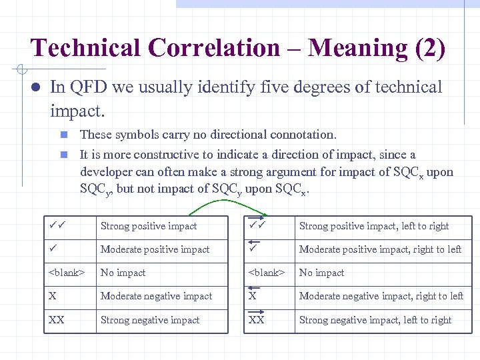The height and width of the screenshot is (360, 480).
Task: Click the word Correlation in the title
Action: [214, 49]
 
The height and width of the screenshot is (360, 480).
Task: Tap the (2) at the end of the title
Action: [429, 49]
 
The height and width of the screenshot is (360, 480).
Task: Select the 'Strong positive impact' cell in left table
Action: [149, 226]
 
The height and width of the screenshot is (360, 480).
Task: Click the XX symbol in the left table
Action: [57, 320]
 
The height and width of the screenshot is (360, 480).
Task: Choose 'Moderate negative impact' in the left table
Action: [156, 296]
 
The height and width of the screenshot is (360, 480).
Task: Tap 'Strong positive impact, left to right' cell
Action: [374, 226]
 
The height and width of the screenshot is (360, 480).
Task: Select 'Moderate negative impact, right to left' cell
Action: [381, 296]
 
